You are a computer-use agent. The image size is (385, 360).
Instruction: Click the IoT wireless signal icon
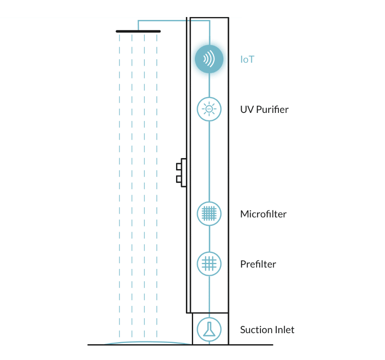209,59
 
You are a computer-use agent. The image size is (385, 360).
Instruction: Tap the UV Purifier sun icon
209,109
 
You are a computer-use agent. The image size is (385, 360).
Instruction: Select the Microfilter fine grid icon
209,213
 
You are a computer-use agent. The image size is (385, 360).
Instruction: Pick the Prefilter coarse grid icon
209,264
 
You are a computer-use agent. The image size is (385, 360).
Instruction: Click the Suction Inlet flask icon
209,329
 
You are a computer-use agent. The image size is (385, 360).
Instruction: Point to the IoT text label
247,59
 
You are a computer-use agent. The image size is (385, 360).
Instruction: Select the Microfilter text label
263,214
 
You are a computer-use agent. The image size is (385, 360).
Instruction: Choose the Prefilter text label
258,264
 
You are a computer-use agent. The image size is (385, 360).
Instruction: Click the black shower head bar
138,32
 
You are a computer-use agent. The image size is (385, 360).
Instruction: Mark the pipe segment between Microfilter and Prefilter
209,239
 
